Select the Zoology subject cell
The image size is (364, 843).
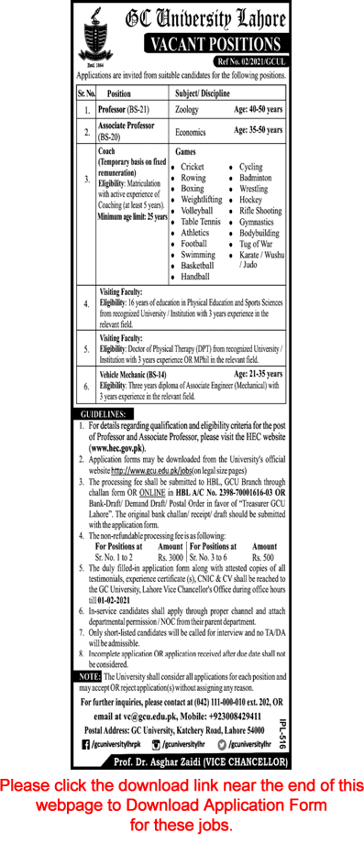(x=190, y=108)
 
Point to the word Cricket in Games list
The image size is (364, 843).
(x=193, y=169)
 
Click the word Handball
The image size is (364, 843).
(x=195, y=276)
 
